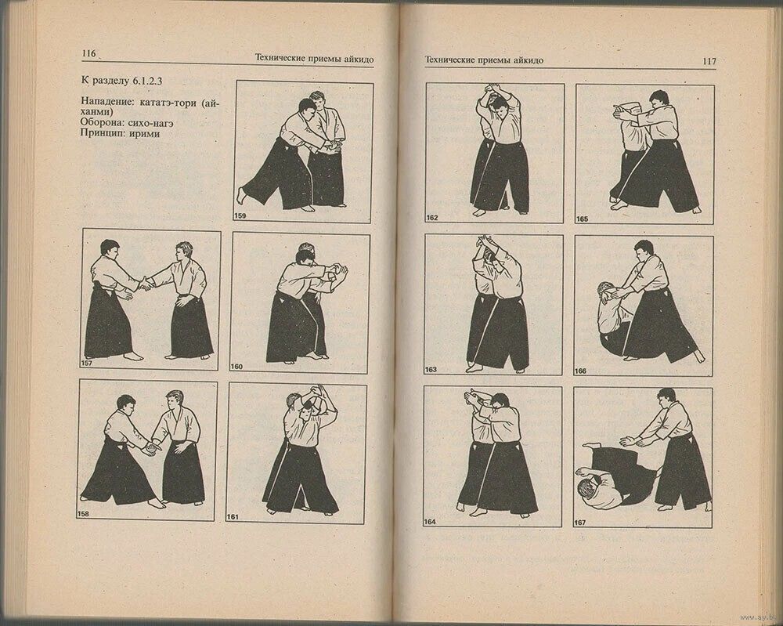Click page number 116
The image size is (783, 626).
88,53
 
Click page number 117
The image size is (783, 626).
709,61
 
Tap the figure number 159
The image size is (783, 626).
240,215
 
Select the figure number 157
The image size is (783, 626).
86,364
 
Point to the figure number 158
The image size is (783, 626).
82,514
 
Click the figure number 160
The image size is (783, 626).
236,367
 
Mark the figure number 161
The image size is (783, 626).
233,517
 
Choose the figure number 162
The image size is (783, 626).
432,218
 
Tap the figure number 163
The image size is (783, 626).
431,370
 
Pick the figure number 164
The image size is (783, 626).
429,522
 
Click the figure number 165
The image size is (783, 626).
582,219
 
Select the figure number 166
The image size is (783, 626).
580,371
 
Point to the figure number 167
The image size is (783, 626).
579,523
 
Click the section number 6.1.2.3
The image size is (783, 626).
149,81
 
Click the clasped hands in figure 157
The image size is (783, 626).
146,284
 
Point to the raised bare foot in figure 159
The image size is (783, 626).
242,195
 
